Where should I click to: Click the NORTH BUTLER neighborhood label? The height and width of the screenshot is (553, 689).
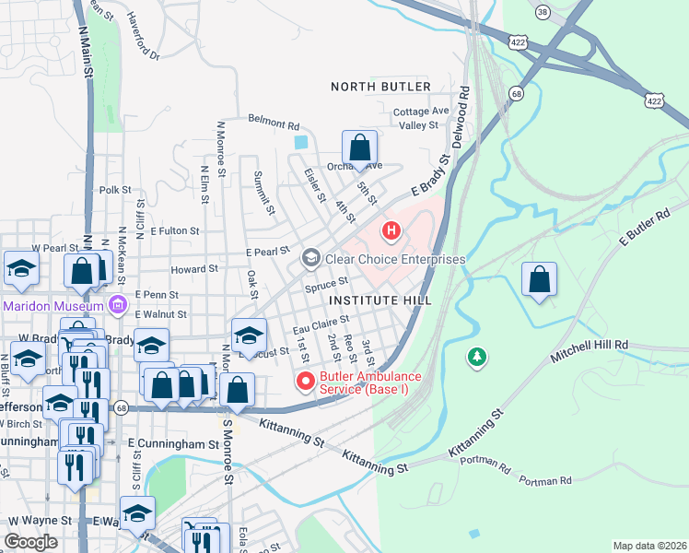380,87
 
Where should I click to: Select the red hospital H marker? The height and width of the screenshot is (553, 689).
391,229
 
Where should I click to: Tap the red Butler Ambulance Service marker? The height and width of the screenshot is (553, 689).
304,381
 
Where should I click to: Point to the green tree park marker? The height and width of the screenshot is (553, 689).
476,357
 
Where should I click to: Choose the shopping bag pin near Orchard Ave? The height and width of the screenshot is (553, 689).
359,147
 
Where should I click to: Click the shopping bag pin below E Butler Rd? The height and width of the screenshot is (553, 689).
539,279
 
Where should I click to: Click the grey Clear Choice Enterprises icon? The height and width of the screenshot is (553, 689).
310,259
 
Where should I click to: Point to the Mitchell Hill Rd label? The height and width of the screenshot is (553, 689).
589,349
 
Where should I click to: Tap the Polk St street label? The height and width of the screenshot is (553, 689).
116,190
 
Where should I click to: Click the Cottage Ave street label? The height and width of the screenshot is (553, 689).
420,112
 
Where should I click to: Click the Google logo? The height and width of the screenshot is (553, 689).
30,542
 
